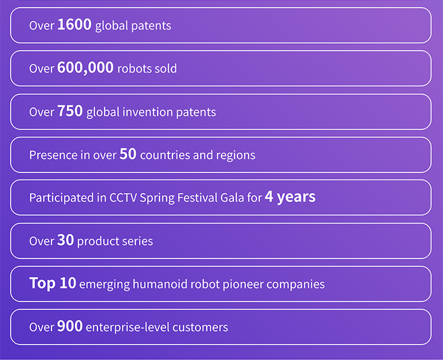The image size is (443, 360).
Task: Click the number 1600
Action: pyautogui.click(x=74, y=24)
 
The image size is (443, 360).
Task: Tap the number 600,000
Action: pyautogui.click(x=85, y=68)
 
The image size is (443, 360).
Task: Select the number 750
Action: pyautogui.click(x=70, y=111)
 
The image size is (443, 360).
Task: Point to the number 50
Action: pyautogui.click(x=128, y=154)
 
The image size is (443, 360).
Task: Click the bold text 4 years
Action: pyautogui.click(x=290, y=197)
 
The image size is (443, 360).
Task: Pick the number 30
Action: pyautogui.click(x=66, y=240)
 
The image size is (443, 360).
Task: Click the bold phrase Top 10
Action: pyautogui.click(x=53, y=283)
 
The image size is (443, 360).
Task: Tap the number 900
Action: pyautogui.click(x=70, y=326)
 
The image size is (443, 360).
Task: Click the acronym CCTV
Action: pyautogui.click(x=123, y=198)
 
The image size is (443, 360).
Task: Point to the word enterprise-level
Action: pyautogui.click(x=128, y=328)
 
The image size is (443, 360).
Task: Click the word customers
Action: pyautogui.click(x=200, y=328)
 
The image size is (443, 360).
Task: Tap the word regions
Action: pyautogui.click(x=236, y=156)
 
